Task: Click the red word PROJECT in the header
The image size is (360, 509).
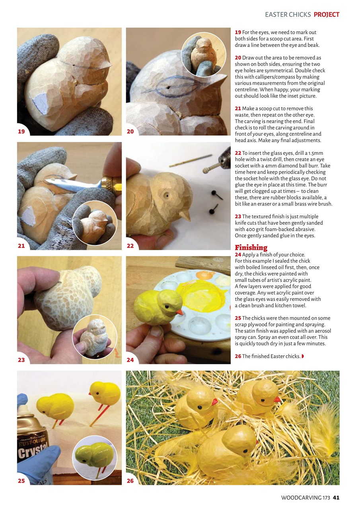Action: (326, 15)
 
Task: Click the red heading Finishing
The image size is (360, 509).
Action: (251, 247)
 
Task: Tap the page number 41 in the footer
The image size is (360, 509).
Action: (336, 497)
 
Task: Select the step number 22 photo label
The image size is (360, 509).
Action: (130, 246)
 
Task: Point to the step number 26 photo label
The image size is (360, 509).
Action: (130, 481)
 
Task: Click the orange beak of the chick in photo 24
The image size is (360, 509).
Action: (179, 312)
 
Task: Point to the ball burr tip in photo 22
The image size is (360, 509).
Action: (206, 170)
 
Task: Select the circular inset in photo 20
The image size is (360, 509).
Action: (203, 54)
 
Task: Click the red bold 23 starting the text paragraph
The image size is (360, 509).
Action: (238, 216)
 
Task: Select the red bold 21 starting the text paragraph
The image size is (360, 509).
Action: (238, 108)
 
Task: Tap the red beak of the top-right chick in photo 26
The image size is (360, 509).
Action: (277, 399)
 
